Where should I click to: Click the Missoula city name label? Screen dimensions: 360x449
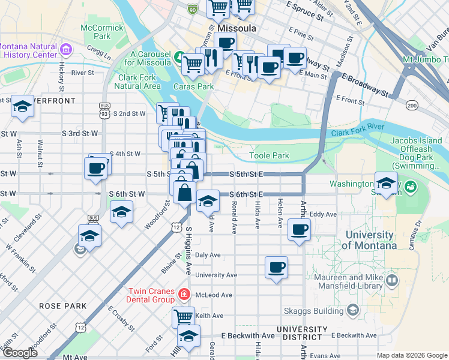click(x=238, y=28)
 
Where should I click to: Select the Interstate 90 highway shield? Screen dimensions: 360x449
click(x=192, y=9)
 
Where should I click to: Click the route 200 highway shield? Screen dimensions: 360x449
click(x=412, y=106)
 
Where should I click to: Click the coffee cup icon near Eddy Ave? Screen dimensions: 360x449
click(x=299, y=229)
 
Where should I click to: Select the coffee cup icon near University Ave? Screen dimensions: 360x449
click(x=276, y=267)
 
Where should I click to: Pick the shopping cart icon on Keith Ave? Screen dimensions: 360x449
click(x=183, y=316)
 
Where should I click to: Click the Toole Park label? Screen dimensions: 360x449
click(x=270, y=156)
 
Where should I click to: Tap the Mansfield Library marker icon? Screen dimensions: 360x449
click(x=392, y=280)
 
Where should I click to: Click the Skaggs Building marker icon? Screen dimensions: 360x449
click(x=352, y=310)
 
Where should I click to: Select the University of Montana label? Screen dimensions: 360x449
click(x=369, y=241)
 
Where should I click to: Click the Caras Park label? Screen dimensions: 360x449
click(x=194, y=86)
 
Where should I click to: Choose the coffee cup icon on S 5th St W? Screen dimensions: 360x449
click(x=97, y=168)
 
